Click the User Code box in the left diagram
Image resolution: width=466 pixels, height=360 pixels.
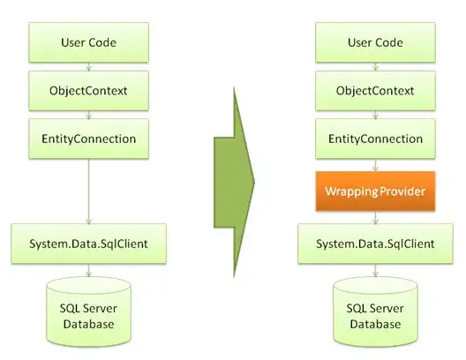(88, 41)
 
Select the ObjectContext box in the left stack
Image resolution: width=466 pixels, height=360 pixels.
(88, 90)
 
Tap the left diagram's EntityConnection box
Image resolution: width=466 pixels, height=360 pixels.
(88, 139)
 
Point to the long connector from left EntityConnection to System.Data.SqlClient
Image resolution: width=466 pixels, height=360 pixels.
(88, 190)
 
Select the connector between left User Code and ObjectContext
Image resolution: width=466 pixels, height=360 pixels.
(88, 65)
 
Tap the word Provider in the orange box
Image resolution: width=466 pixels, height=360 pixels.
(403, 191)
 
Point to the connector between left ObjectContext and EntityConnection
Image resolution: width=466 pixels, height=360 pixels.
(88, 114)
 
